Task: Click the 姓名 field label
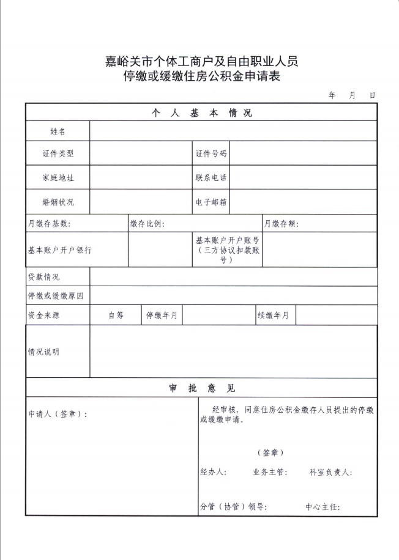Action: pyautogui.click(x=58, y=131)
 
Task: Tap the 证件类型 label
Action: pyautogui.click(x=58, y=153)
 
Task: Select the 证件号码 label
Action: pyautogui.click(x=211, y=153)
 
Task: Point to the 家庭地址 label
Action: pyautogui.click(x=58, y=177)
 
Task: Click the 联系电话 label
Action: pyautogui.click(x=211, y=177)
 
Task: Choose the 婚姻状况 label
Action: pyautogui.click(x=58, y=202)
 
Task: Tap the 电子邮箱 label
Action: pyautogui.click(x=211, y=202)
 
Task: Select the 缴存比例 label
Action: pyautogui.click(x=147, y=224)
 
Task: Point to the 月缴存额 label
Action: pyautogui.click(x=281, y=224)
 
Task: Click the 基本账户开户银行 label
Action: pyautogui.click(x=59, y=250)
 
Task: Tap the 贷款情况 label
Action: pyautogui.click(x=43, y=277)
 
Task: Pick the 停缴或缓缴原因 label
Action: pyautogui.click(x=55, y=296)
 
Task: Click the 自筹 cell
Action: pyautogui.click(x=116, y=315)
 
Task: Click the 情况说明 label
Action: pyautogui.click(x=43, y=352)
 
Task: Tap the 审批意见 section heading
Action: pyautogui.click(x=201, y=388)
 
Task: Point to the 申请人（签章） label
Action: pyautogui.click(x=58, y=414)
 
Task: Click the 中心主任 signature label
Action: pyautogui.click(x=323, y=507)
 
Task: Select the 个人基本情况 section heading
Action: pyautogui.click(x=201, y=113)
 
